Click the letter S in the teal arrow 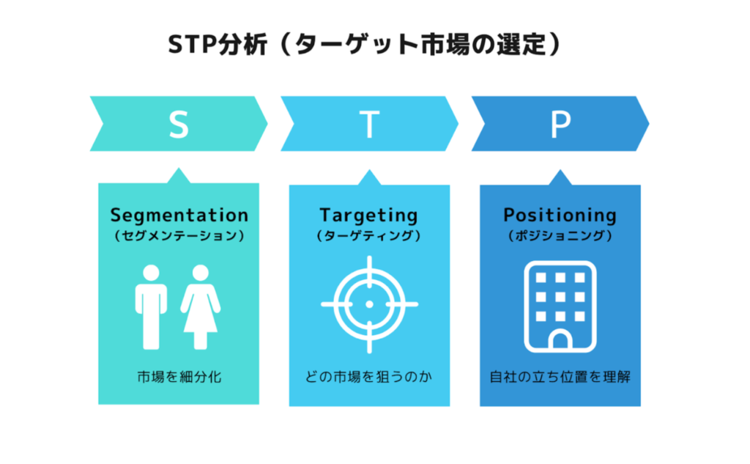(179, 125)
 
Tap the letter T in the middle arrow (369, 125)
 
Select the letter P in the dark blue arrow (560, 125)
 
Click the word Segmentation (179, 215)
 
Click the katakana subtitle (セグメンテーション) (179, 235)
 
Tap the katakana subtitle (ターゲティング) (369, 235)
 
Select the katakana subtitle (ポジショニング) (560, 235)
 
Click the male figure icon (151, 307)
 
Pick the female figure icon (201, 307)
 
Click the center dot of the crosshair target (369, 304)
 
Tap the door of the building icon (560, 340)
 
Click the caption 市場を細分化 (179, 377)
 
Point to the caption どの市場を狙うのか (369, 377)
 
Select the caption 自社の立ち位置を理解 (560, 377)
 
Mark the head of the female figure (201, 273)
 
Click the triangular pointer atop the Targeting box (369, 177)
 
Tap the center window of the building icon (560, 297)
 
